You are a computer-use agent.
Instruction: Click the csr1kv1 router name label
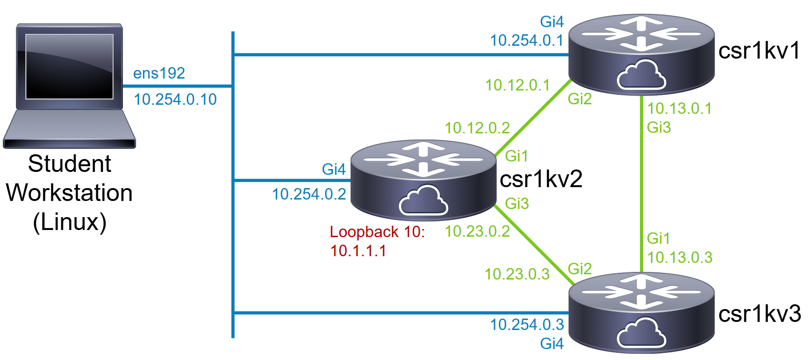coord(759,50)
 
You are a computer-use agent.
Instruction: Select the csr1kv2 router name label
coord(541,179)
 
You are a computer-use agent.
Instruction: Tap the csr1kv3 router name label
coord(760,314)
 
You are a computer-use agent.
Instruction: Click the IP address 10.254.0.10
coord(175,100)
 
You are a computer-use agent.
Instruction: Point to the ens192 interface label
coord(159,73)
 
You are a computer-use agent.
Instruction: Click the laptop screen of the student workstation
coord(70,67)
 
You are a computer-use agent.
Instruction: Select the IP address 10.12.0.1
coord(517,85)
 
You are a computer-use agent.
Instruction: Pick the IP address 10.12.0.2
coord(477,128)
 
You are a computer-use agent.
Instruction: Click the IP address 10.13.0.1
coord(679,108)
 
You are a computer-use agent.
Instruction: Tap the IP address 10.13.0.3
coord(680,258)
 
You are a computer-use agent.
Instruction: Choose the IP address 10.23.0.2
coord(477,231)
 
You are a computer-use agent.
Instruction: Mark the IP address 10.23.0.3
coord(517,274)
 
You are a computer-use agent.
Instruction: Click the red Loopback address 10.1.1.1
coord(358,250)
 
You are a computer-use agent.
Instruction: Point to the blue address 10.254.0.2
coord(309,194)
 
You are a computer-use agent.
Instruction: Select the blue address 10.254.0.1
coord(526,40)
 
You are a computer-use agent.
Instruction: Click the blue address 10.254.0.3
coord(527,325)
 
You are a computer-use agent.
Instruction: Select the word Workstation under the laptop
coord(70,193)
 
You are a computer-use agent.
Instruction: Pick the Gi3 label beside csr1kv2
coord(517,204)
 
